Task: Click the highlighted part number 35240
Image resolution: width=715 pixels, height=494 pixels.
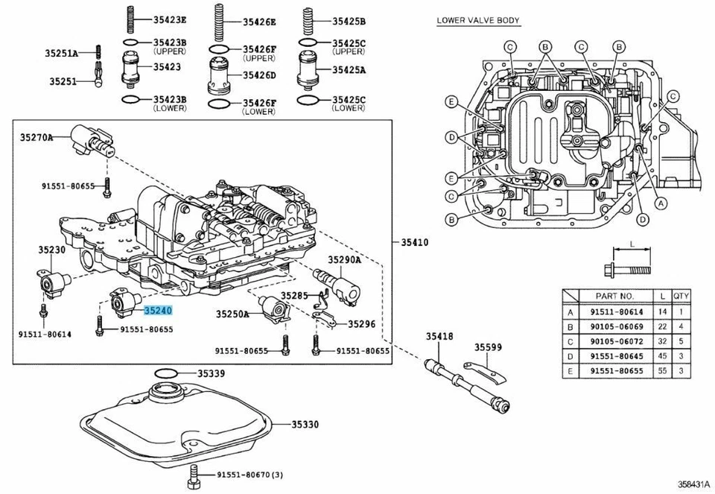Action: (x=159, y=310)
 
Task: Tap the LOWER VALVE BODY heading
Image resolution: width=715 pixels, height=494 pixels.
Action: (x=478, y=20)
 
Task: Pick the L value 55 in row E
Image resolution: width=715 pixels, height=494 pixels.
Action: (x=660, y=370)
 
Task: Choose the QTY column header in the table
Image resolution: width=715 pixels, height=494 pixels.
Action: (x=681, y=296)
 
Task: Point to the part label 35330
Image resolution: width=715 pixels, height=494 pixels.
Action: (x=305, y=425)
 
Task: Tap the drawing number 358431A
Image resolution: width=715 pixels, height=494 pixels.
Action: (x=693, y=485)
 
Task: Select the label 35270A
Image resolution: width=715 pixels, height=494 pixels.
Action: (x=36, y=137)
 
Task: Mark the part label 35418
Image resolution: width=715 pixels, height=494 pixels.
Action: (x=439, y=338)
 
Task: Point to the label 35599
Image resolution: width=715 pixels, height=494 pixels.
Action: (x=489, y=346)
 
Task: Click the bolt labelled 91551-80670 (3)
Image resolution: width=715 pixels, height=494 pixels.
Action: (x=194, y=474)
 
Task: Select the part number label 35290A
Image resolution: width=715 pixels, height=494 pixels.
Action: (x=345, y=260)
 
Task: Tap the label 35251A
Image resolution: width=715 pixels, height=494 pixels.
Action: (x=61, y=53)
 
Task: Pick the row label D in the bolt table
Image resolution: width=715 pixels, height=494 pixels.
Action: (x=571, y=355)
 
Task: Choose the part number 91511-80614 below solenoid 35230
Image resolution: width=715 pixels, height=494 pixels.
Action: (x=45, y=335)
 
